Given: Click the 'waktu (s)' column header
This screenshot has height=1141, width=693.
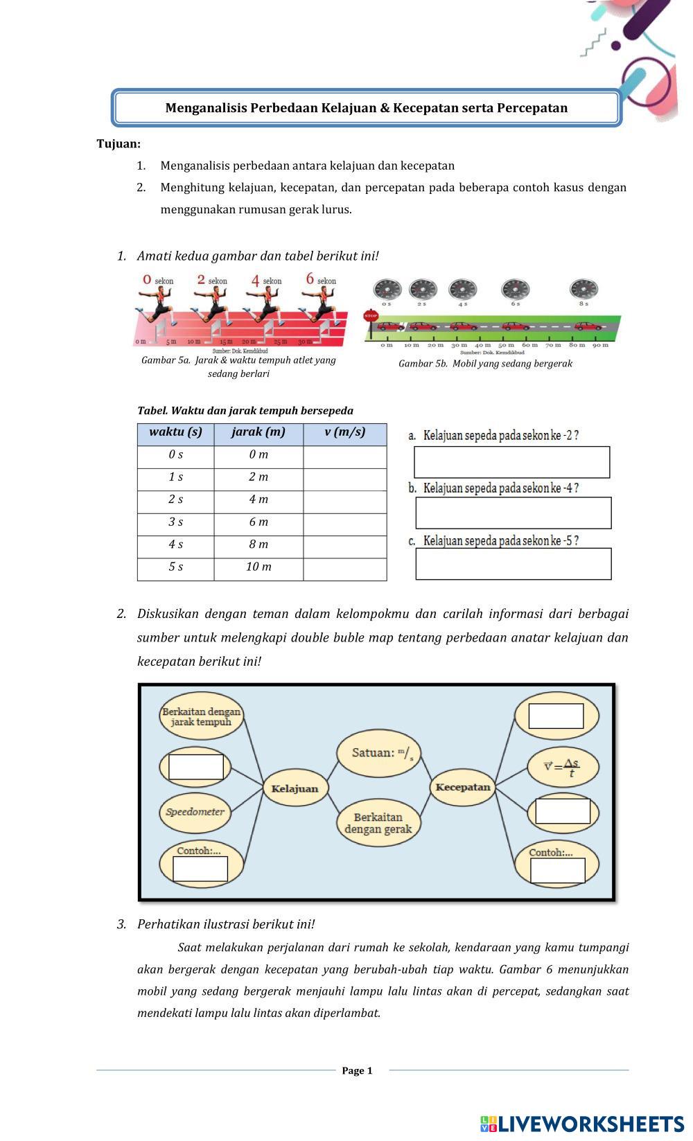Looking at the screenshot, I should tap(175, 432).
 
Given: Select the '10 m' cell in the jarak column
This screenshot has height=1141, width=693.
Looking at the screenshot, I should tap(258, 567).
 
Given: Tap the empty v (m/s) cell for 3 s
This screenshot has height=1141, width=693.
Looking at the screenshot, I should tap(344, 522).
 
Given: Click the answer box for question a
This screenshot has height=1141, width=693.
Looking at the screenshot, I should tap(511, 462).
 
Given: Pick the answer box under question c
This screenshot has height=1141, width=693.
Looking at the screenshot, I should tap(513, 564).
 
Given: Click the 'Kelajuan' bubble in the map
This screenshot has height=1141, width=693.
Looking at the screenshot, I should tap(295, 788).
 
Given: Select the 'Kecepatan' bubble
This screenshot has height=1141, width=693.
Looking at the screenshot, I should tap(462, 787).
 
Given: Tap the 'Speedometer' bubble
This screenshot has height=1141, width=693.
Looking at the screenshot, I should tap(195, 812).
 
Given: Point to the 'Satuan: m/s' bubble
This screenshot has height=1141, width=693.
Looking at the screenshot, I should tap(378, 753).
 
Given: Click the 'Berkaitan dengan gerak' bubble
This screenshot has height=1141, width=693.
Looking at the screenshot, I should tap(378, 823).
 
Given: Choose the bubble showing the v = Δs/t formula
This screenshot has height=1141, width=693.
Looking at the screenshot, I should tap(556, 767).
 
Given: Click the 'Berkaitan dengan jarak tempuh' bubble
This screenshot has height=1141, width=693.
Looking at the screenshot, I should tap(201, 717).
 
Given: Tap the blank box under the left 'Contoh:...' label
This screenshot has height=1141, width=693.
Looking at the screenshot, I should tap(200, 869).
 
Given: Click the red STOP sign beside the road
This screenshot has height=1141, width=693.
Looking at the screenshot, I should tap(371, 317).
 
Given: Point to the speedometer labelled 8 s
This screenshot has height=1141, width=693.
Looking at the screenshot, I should tap(584, 290).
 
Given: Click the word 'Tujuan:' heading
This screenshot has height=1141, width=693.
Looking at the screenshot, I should tap(119, 144).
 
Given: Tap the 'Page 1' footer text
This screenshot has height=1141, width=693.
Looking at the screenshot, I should tap(357, 1070).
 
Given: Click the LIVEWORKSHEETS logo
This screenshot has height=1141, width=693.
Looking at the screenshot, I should tap(581, 1124).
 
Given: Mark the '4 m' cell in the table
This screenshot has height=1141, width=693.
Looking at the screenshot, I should tap(258, 499).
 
